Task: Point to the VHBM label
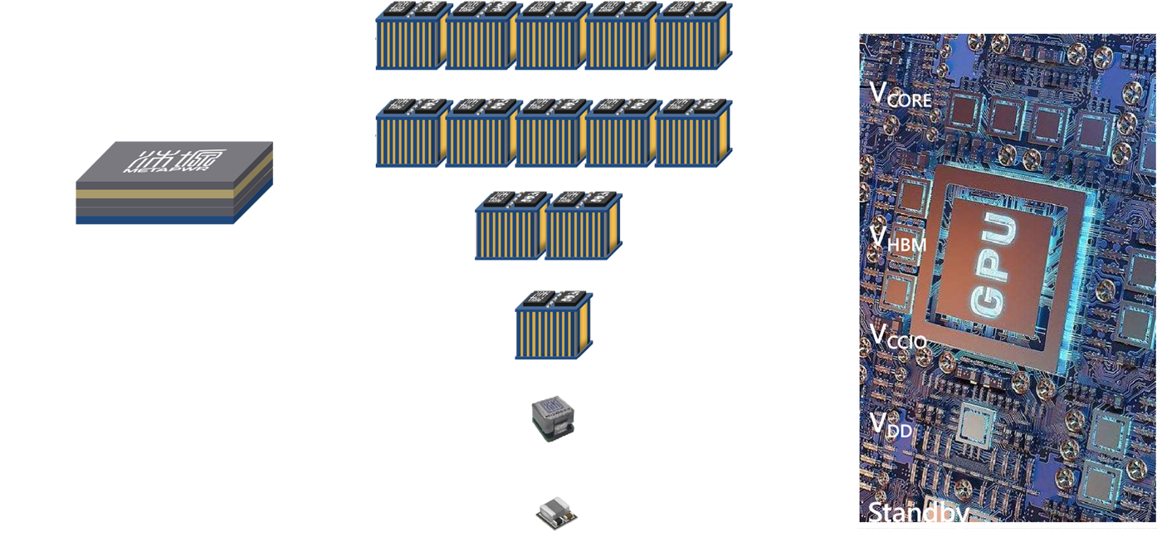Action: coord(897,240)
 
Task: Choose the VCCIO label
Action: coord(897,336)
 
